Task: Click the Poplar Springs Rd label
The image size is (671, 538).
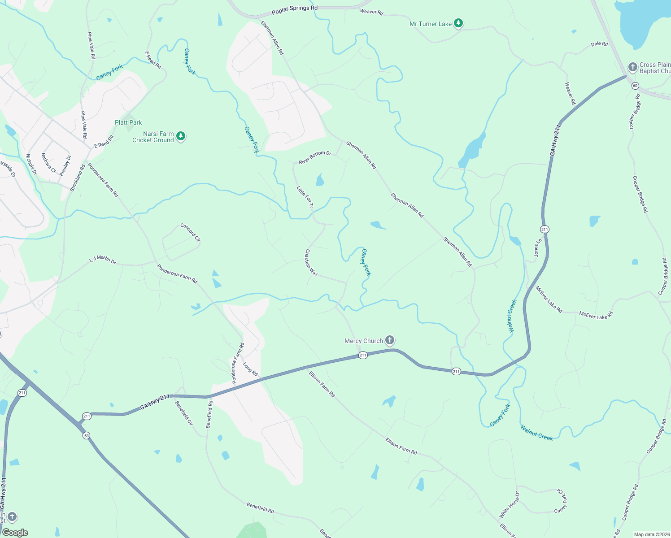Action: [x=294, y=9]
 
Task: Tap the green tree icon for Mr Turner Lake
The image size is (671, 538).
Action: [x=458, y=23]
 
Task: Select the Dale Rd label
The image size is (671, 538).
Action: [x=599, y=44]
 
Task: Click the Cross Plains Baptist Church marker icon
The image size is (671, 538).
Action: [x=632, y=68]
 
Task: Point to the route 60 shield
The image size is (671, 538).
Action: [x=635, y=85]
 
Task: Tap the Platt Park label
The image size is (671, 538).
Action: [x=128, y=122]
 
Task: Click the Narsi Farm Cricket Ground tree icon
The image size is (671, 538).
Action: [x=181, y=136]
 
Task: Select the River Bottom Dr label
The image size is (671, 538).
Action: [x=315, y=157]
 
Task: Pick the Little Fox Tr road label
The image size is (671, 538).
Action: [x=305, y=197]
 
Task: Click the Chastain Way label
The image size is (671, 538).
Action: [x=311, y=263]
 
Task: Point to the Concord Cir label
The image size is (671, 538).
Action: [x=190, y=232]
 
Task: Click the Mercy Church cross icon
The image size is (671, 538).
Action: [x=390, y=340]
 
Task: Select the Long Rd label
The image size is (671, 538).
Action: [x=250, y=369]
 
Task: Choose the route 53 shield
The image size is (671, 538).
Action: [x=86, y=435]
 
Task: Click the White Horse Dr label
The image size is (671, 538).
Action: [x=510, y=505]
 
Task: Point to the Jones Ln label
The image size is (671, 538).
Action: [x=538, y=247]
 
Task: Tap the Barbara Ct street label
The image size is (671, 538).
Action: [x=48, y=163]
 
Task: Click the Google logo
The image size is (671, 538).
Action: [x=15, y=533]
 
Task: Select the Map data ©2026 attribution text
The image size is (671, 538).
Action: [x=650, y=534]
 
